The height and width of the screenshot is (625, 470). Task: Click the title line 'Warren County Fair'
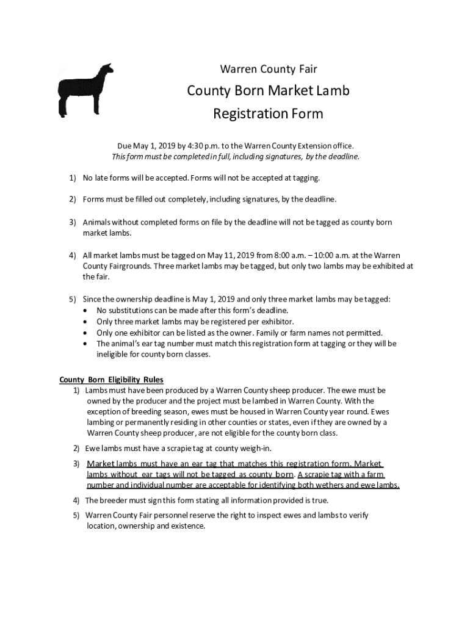point(268,69)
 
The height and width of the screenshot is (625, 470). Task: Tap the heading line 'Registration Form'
point(268,114)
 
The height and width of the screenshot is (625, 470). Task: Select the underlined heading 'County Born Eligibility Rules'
point(111,379)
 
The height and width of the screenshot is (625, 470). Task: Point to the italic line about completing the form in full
point(235,156)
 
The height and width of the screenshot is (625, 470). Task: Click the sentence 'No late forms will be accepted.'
point(136,178)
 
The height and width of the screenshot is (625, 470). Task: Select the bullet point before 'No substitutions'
point(85,311)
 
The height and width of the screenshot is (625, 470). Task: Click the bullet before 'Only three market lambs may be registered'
point(85,322)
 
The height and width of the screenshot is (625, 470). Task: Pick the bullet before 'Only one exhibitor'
point(85,333)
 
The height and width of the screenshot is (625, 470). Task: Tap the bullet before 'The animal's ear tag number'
point(85,344)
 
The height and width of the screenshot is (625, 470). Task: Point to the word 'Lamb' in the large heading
point(331,92)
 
